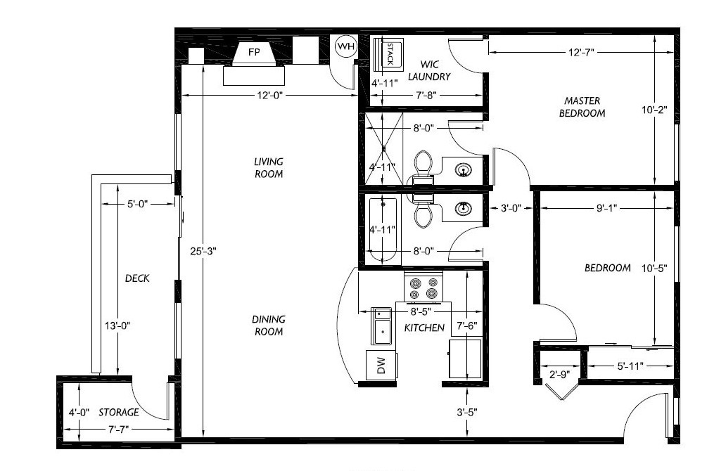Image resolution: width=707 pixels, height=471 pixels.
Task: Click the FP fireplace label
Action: point(254,52)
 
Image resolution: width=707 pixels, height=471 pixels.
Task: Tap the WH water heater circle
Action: point(346,46)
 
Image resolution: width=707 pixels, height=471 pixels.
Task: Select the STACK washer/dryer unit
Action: point(388,55)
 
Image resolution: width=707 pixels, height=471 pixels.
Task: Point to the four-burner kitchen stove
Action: point(423,288)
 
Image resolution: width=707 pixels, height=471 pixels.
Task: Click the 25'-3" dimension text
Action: point(203,252)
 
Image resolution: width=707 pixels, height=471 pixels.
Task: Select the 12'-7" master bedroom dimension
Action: point(581,52)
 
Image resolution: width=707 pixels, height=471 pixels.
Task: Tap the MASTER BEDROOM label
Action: point(582,107)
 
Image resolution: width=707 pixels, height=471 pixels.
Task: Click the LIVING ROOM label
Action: point(269,168)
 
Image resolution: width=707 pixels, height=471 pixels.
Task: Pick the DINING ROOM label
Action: point(268,325)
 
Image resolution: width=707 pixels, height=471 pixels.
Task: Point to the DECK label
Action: point(137,278)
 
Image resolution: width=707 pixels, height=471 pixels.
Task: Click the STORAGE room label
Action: point(119,413)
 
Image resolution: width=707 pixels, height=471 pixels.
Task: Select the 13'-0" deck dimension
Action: point(117,325)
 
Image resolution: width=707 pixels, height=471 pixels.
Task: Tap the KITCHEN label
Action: point(424,328)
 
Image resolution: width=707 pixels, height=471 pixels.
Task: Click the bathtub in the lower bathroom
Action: point(383,231)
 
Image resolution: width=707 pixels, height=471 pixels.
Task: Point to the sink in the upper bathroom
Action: point(463,170)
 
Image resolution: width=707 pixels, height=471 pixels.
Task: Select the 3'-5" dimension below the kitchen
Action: point(466,412)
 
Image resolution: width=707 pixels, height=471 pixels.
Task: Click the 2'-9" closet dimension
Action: point(559,374)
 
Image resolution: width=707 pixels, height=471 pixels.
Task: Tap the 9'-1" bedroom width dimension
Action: point(606,208)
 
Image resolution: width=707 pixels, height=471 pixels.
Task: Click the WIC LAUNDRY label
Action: point(429,70)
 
